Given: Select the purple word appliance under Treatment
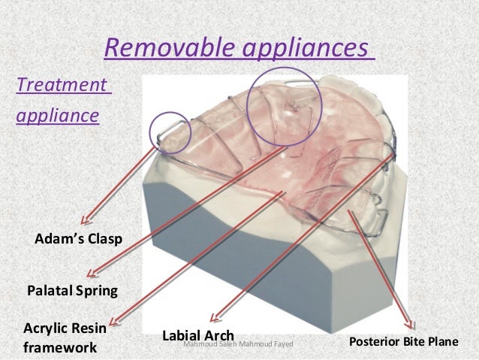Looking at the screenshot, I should (x=56, y=117).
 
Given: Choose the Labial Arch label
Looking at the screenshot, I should (x=199, y=334).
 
